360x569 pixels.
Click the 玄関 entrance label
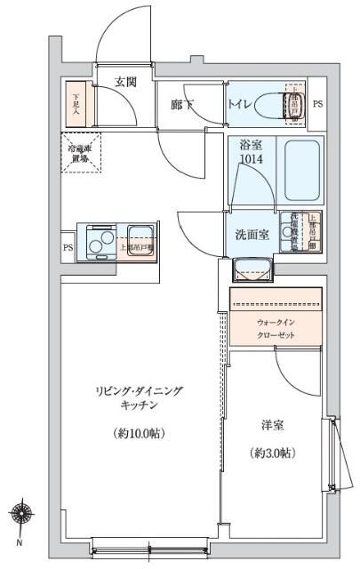[125, 82]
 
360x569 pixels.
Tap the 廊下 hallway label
[182, 106]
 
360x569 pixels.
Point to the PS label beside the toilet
[317, 104]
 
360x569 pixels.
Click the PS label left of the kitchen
[68, 248]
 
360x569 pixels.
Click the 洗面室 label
[250, 235]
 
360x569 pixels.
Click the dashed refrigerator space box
[81, 152]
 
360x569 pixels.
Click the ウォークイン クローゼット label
[276, 329]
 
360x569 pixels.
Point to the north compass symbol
[20, 513]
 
